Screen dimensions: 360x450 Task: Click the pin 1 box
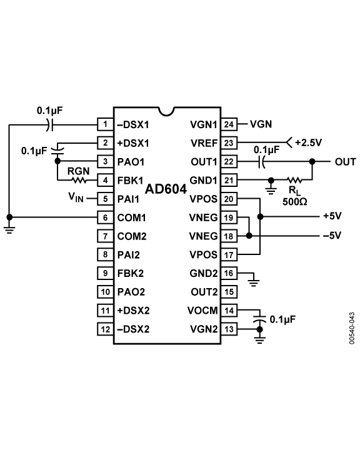click(x=106, y=124)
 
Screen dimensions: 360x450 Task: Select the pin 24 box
click(x=229, y=124)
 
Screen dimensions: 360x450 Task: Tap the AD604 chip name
click(x=166, y=189)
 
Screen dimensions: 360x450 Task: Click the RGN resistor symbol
click(x=79, y=181)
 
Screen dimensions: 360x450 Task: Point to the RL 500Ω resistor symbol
click(x=294, y=180)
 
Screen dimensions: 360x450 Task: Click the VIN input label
click(x=76, y=197)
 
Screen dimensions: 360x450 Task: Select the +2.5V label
click(x=309, y=142)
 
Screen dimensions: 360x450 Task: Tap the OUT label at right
click(x=346, y=162)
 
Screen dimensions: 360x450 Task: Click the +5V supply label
click(x=332, y=216)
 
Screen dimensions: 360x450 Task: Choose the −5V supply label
click(x=332, y=236)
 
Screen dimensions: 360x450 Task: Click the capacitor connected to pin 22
click(x=261, y=162)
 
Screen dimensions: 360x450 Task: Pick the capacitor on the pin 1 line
click(x=49, y=125)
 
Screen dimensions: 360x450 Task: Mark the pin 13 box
click(x=229, y=329)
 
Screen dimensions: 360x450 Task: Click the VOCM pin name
click(x=202, y=311)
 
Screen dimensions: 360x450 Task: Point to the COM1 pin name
click(x=132, y=218)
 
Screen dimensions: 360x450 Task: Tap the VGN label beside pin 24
click(x=261, y=124)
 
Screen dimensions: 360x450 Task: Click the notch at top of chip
click(x=166, y=112)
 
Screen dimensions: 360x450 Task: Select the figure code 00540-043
click(x=352, y=328)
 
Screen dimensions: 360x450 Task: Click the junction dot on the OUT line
click(x=312, y=162)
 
